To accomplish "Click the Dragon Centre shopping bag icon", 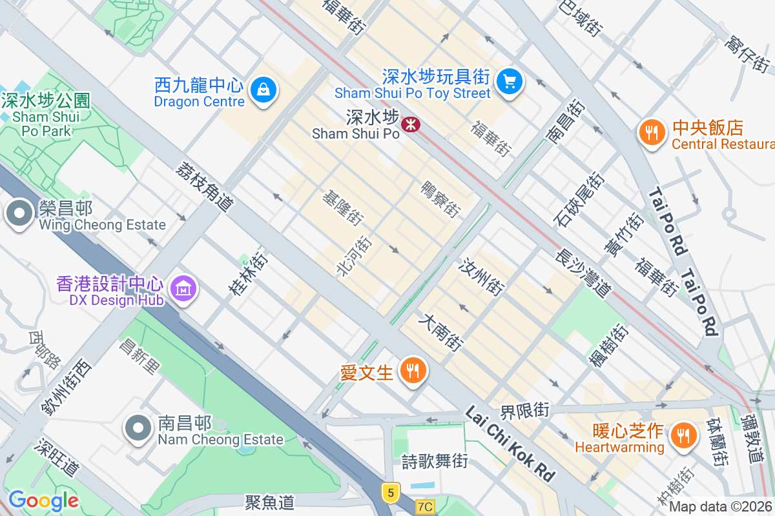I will pos(263,89).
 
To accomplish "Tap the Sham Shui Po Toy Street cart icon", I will pos(510,82).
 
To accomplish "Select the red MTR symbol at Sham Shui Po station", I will pos(409,124).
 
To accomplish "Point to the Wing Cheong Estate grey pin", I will pos(19,213).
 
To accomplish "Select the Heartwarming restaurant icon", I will pos(681,434).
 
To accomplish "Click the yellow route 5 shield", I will pos(389,493).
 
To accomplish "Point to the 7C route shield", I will pos(424,506).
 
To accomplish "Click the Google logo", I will pos(43,501).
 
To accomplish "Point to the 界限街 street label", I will pos(524,410).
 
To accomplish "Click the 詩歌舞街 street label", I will pos(434,461).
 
